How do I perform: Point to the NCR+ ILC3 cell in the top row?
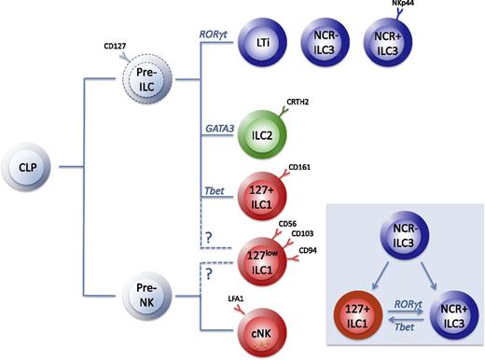[393, 42]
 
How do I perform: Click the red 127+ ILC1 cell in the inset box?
[339, 310]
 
